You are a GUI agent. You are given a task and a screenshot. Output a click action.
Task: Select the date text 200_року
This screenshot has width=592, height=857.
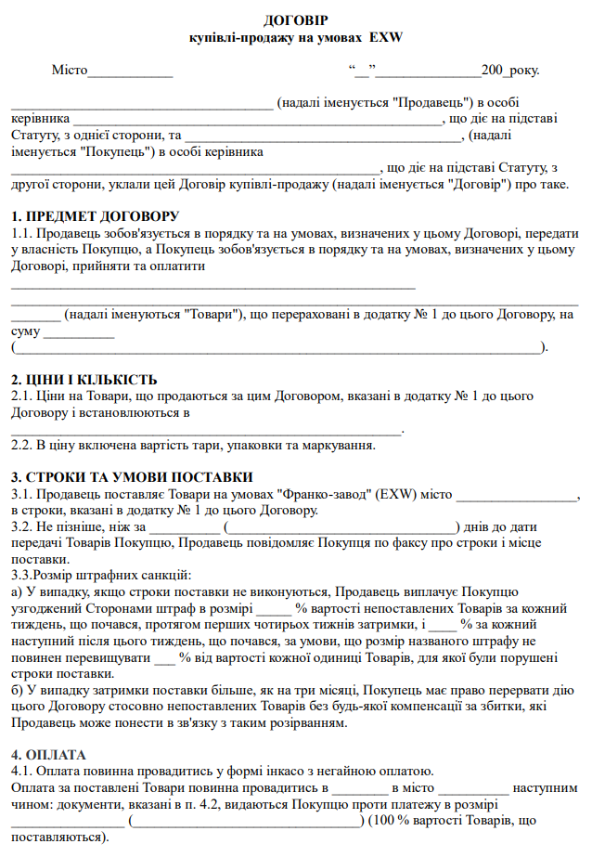pos(509,70)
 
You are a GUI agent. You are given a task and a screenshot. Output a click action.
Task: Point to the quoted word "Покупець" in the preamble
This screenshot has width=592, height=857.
pos(118,151)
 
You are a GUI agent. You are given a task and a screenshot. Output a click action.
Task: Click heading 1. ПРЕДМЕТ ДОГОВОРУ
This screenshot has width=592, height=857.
pos(95,215)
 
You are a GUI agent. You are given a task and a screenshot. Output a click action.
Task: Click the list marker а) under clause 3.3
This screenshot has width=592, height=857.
pos(17,591)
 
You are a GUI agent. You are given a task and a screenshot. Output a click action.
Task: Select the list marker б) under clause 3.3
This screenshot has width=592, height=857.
pos(17,691)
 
